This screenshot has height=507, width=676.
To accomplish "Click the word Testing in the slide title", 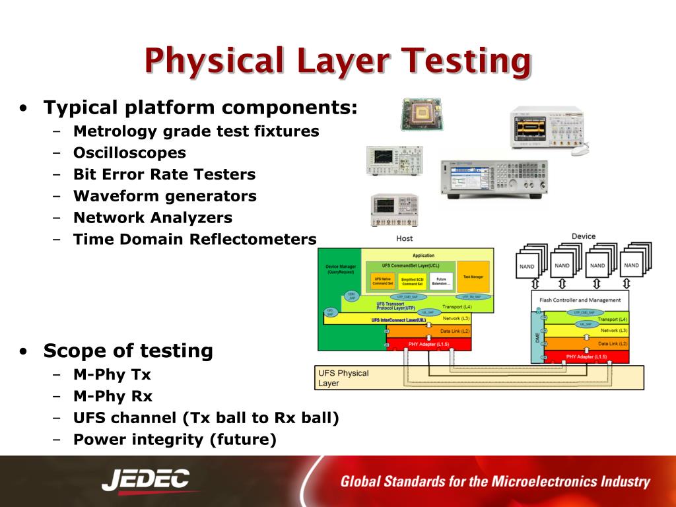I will (x=466, y=61).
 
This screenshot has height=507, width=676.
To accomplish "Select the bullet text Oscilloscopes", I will (x=129, y=153).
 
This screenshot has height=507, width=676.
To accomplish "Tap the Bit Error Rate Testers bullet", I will (x=164, y=175).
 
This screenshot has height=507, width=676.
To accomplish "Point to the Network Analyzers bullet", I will (x=152, y=218).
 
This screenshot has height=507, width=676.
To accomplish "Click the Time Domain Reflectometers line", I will (x=195, y=239).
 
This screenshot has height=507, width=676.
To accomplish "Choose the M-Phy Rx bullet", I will (x=113, y=396).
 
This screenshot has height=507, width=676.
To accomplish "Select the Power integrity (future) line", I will (x=174, y=439).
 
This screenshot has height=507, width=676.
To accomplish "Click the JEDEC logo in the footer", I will (x=146, y=481).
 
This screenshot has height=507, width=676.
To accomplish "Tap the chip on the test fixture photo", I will (x=421, y=114).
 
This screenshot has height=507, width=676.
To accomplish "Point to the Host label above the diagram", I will (x=405, y=238).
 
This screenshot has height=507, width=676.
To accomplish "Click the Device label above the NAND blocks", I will (x=583, y=236).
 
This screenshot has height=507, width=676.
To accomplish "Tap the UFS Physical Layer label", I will (x=343, y=378).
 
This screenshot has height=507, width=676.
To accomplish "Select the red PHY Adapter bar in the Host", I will (x=429, y=344).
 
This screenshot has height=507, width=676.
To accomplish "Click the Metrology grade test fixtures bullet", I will (x=196, y=131).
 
